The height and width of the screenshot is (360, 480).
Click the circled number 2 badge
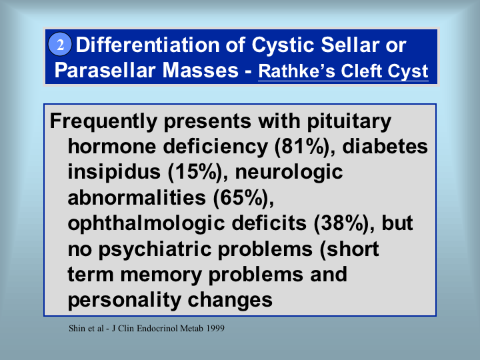[60, 44]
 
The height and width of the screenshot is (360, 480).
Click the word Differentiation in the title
[161, 45]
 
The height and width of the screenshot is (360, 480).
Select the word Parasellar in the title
[105, 70]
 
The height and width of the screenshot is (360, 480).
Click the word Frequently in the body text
[103, 122]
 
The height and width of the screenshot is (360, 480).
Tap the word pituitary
[349, 122]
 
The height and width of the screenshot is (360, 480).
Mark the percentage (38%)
[343, 223]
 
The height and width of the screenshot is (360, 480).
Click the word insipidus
[114, 173]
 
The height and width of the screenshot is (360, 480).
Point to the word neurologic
[289, 173]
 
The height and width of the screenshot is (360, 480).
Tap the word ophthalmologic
[146, 224]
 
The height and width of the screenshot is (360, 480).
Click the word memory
[161, 275]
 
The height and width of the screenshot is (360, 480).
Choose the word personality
[124, 300]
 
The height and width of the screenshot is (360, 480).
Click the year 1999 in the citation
[215, 329]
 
